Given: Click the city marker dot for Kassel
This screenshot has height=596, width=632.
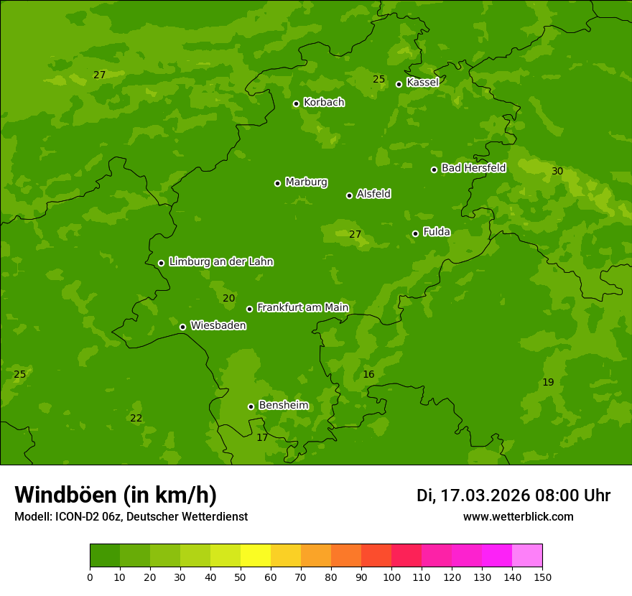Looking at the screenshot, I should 399,84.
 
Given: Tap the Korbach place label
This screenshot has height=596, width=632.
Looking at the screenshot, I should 324,103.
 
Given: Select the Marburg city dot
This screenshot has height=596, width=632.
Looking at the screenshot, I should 277,183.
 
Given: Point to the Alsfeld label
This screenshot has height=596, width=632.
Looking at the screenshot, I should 373,194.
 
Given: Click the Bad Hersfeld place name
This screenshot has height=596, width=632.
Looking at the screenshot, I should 473,168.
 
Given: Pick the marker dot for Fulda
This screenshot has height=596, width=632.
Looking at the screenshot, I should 415,233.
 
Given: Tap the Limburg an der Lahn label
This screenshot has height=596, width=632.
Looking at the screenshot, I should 220,262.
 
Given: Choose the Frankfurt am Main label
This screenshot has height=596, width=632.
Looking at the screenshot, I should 302,308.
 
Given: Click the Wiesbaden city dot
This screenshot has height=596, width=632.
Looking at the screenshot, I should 182,327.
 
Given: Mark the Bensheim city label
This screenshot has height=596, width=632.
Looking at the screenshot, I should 283,406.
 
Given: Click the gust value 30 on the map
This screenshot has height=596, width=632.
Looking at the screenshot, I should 557,171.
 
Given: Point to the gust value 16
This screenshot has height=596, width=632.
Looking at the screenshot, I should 368,375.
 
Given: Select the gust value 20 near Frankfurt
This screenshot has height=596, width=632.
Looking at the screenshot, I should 228,299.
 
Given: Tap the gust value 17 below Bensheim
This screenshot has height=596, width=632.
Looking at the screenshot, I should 262,437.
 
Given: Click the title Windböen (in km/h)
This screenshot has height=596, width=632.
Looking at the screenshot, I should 116,495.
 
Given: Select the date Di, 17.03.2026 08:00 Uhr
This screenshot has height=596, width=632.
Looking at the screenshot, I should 513,495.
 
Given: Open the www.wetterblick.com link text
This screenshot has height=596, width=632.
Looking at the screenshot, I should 518,517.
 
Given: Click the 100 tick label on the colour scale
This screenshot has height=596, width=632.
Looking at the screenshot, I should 391,577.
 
